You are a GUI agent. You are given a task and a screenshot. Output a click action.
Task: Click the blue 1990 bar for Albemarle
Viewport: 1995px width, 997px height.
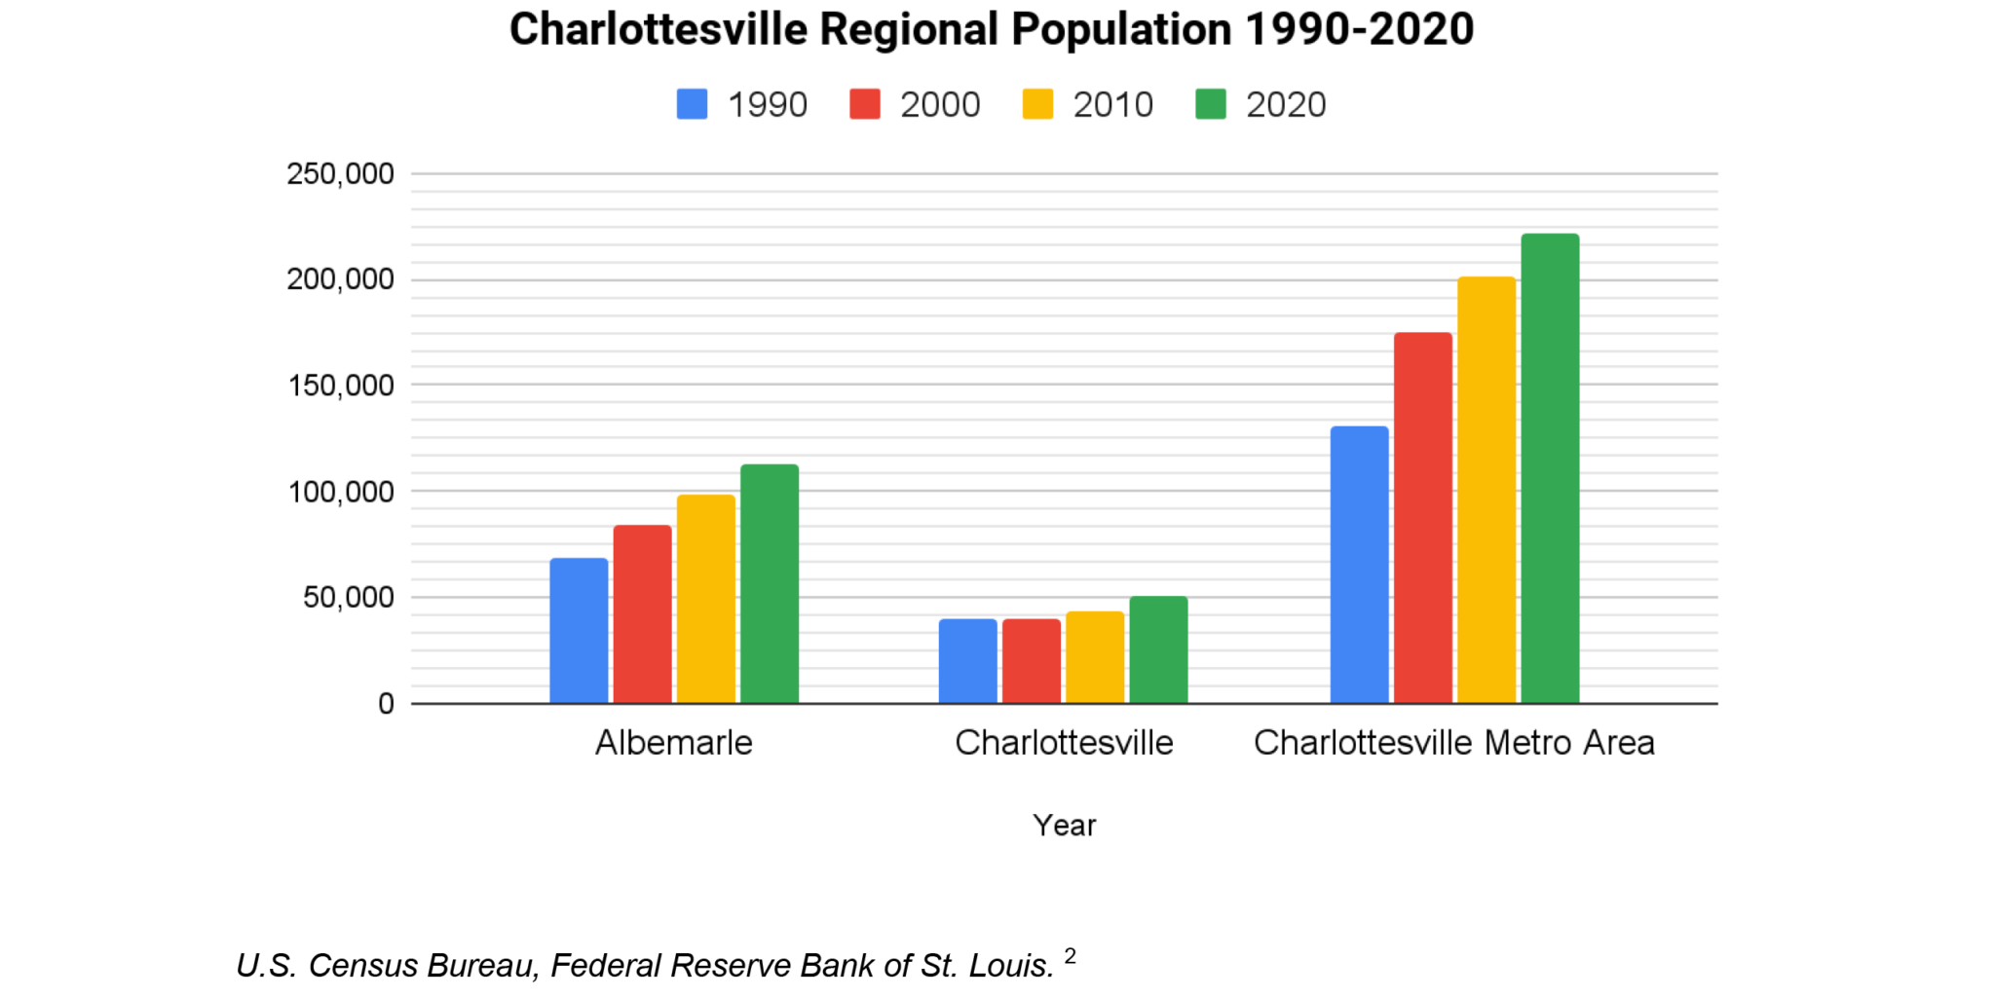click(579, 631)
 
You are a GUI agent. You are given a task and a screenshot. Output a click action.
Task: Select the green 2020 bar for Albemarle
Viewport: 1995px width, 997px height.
click(770, 584)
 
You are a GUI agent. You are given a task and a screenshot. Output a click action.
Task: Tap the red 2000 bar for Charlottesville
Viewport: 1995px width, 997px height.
click(1032, 661)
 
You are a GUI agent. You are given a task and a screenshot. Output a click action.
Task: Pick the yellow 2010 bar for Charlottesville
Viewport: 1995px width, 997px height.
click(1095, 657)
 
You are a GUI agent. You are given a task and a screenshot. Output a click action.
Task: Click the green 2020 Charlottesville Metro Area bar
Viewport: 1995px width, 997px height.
click(1550, 468)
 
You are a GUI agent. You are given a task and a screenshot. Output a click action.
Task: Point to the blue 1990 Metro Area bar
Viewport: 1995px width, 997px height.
click(1359, 565)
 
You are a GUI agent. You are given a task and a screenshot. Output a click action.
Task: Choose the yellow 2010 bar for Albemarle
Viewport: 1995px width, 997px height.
click(706, 599)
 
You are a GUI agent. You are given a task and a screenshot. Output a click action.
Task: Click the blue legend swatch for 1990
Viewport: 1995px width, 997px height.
click(692, 104)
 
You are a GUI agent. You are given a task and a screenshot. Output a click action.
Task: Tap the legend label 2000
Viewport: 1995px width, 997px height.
click(939, 104)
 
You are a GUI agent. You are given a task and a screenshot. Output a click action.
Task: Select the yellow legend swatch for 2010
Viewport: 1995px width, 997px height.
click(1037, 104)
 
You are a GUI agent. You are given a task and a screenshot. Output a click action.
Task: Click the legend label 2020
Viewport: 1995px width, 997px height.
click(1286, 104)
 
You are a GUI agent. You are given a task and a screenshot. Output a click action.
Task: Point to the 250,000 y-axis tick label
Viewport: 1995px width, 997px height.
click(340, 174)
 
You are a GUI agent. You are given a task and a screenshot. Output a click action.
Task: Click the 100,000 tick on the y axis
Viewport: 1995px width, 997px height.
click(340, 492)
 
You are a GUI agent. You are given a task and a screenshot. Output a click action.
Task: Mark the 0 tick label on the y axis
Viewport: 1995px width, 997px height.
click(386, 704)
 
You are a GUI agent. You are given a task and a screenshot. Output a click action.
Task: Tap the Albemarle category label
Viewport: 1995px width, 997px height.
click(674, 743)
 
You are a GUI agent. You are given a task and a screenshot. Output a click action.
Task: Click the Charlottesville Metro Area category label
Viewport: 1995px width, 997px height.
click(1453, 743)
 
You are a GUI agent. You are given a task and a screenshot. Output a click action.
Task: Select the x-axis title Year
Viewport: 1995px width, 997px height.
click(1064, 826)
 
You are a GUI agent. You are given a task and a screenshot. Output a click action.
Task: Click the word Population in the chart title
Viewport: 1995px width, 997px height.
click(1120, 29)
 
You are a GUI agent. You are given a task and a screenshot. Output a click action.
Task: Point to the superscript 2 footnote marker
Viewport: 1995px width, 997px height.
click(1070, 955)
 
